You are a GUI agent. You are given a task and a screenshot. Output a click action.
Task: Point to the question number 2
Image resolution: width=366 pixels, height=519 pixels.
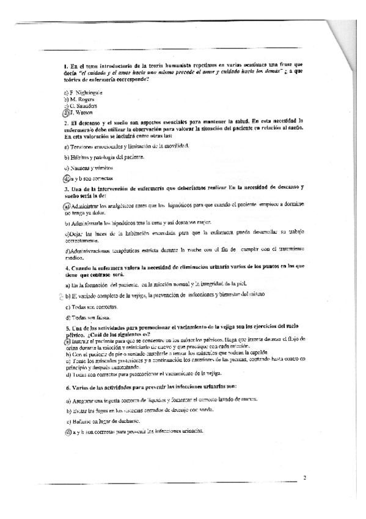[x=65, y=123]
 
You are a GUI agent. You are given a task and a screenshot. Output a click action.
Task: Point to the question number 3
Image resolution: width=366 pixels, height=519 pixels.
[x=65, y=190]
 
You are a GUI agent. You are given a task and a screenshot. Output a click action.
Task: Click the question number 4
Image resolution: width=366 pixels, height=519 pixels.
[x=65, y=267]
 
